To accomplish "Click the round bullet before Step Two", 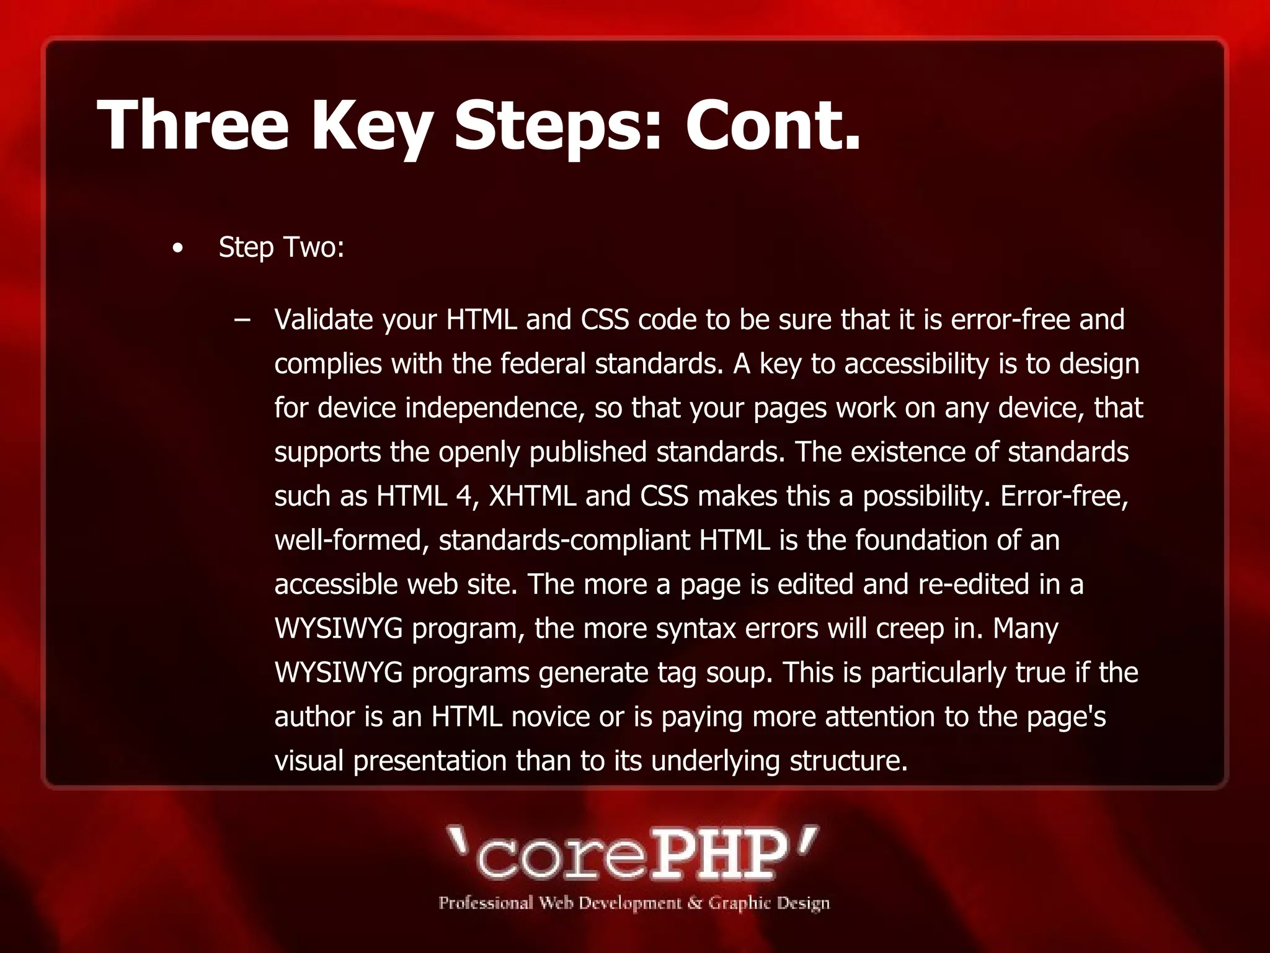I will point(178,249).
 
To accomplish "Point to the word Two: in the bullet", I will point(313,248).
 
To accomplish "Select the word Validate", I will point(324,320).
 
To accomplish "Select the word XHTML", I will point(532,496).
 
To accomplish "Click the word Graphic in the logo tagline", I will point(739,903).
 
